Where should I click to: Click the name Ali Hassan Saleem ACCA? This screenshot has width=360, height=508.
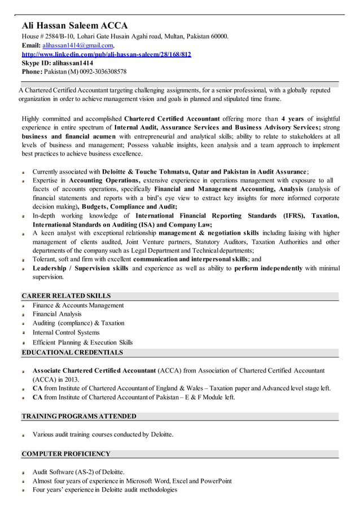pos(74,25)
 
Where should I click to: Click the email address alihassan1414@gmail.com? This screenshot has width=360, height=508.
pos(78,45)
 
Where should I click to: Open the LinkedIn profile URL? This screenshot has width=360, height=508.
pos(106,54)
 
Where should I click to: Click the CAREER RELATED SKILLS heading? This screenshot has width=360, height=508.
pos(66,296)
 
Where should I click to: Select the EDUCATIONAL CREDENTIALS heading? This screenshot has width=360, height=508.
pos(72,352)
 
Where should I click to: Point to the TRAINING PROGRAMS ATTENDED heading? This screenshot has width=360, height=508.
pos(79,416)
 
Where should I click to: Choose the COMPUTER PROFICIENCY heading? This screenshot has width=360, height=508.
pos(66,454)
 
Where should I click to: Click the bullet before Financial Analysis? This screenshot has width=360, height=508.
pos(24,315)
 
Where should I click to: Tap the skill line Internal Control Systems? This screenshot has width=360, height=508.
pos(66,333)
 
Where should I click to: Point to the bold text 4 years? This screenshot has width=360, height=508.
pos(293,119)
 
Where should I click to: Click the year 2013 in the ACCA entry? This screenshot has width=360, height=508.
pos(71,379)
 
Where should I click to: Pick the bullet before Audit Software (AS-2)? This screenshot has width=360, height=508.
pos(24,472)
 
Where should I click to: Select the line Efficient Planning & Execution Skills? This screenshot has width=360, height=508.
pos(82,342)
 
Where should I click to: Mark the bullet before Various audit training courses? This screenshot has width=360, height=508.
pos(24,435)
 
